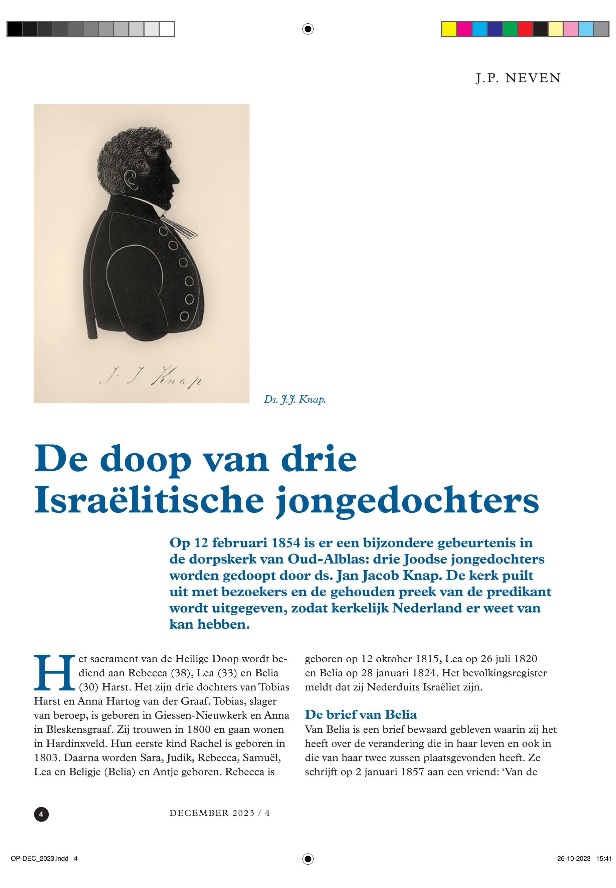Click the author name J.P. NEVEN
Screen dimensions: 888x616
[x=518, y=78]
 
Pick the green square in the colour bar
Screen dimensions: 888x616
[x=510, y=29]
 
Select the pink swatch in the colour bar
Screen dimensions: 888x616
[x=571, y=29]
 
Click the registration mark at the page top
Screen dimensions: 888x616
[x=307, y=29]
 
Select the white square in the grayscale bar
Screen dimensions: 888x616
[x=167, y=29]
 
